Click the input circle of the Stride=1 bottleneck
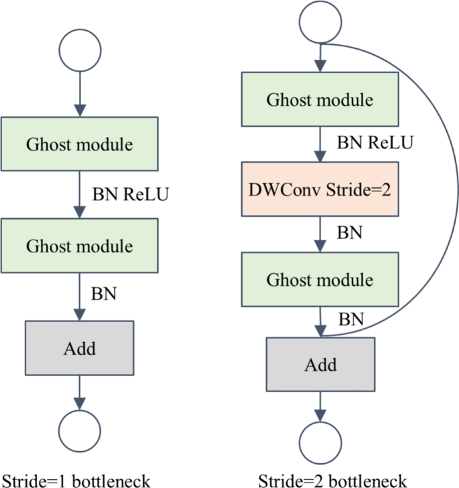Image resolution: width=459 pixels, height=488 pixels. point(80,50)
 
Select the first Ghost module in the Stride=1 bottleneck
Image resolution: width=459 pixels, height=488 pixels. point(80,144)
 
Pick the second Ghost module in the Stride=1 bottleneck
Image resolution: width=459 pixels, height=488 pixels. point(80,245)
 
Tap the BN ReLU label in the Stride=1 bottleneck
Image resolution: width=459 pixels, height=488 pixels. point(130,195)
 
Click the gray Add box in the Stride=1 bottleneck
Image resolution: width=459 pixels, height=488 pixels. point(80,348)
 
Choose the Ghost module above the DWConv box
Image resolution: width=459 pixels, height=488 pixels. point(320,100)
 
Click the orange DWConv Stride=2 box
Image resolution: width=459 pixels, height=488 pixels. point(320,189)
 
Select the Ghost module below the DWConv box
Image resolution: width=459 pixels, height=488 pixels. point(320,279)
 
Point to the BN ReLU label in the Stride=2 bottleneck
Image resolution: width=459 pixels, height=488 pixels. point(375,142)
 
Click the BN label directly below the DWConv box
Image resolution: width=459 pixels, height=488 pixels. point(349,233)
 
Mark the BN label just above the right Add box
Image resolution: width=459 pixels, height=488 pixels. point(350,319)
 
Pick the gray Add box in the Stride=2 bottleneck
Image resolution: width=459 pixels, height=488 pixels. point(320,365)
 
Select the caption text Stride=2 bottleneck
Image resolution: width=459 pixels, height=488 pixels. point(333,481)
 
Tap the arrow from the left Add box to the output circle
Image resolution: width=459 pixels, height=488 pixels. point(80,392)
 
